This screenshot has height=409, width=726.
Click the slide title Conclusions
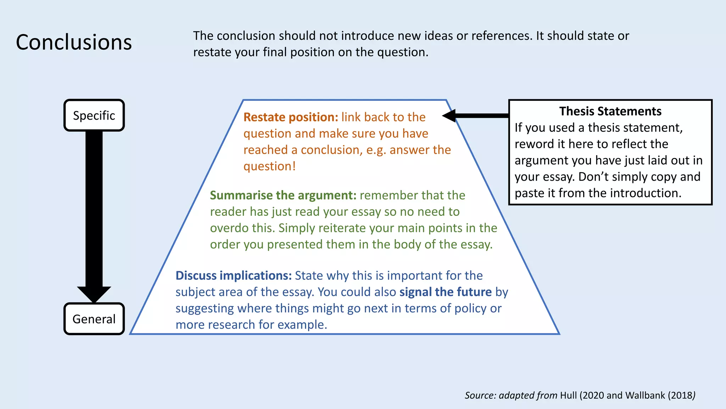click(x=74, y=42)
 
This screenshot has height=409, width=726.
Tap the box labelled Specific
click(x=94, y=115)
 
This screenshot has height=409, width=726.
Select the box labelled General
click(x=94, y=319)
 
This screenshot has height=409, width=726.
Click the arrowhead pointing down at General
click(x=94, y=294)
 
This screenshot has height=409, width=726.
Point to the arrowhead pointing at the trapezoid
click(x=449, y=115)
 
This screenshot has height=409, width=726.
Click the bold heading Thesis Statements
click(x=610, y=111)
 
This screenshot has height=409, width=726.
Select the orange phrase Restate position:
click(x=291, y=117)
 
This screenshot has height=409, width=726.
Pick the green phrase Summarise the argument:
click(x=283, y=195)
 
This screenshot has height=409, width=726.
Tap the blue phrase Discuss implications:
click(x=233, y=276)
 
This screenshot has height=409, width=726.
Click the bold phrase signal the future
click(x=445, y=292)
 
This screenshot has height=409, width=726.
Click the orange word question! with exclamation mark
click(x=269, y=166)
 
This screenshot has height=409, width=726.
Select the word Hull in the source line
click(x=568, y=395)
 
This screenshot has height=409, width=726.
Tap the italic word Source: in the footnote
click(x=480, y=395)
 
